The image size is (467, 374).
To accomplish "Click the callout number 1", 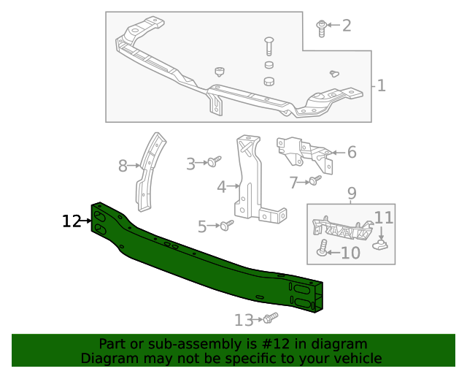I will pyautogui.click(x=381, y=86).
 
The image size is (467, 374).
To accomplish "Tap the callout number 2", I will pyautogui.click(x=347, y=26).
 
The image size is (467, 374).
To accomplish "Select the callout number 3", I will pyautogui.click(x=191, y=164).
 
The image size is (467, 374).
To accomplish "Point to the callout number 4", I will pyautogui.click(x=222, y=187).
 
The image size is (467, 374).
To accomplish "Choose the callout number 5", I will pyautogui.click(x=202, y=227).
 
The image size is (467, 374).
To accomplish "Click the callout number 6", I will pyautogui.click(x=352, y=152).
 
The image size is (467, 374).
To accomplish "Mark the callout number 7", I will pyautogui.click(x=294, y=182).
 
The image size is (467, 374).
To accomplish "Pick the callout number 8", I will pyautogui.click(x=123, y=167).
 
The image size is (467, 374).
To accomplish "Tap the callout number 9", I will pyautogui.click(x=352, y=194).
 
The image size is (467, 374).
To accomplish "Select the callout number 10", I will pyautogui.click(x=350, y=253).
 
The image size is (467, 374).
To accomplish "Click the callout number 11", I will pyautogui.click(x=384, y=217).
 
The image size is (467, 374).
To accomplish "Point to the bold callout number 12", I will pyautogui.click(x=71, y=221).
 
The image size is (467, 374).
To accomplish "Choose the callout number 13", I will pyautogui.click(x=244, y=319).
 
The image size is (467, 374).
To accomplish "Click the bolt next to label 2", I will pyautogui.click(x=321, y=26).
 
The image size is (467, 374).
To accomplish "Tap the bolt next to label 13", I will pyautogui.click(x=270, y=318).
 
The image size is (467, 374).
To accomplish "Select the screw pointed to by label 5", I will pyautogui.click(x=227, y=225).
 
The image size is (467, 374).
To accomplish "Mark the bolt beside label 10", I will pyautogui.click(x=322, y=248).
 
